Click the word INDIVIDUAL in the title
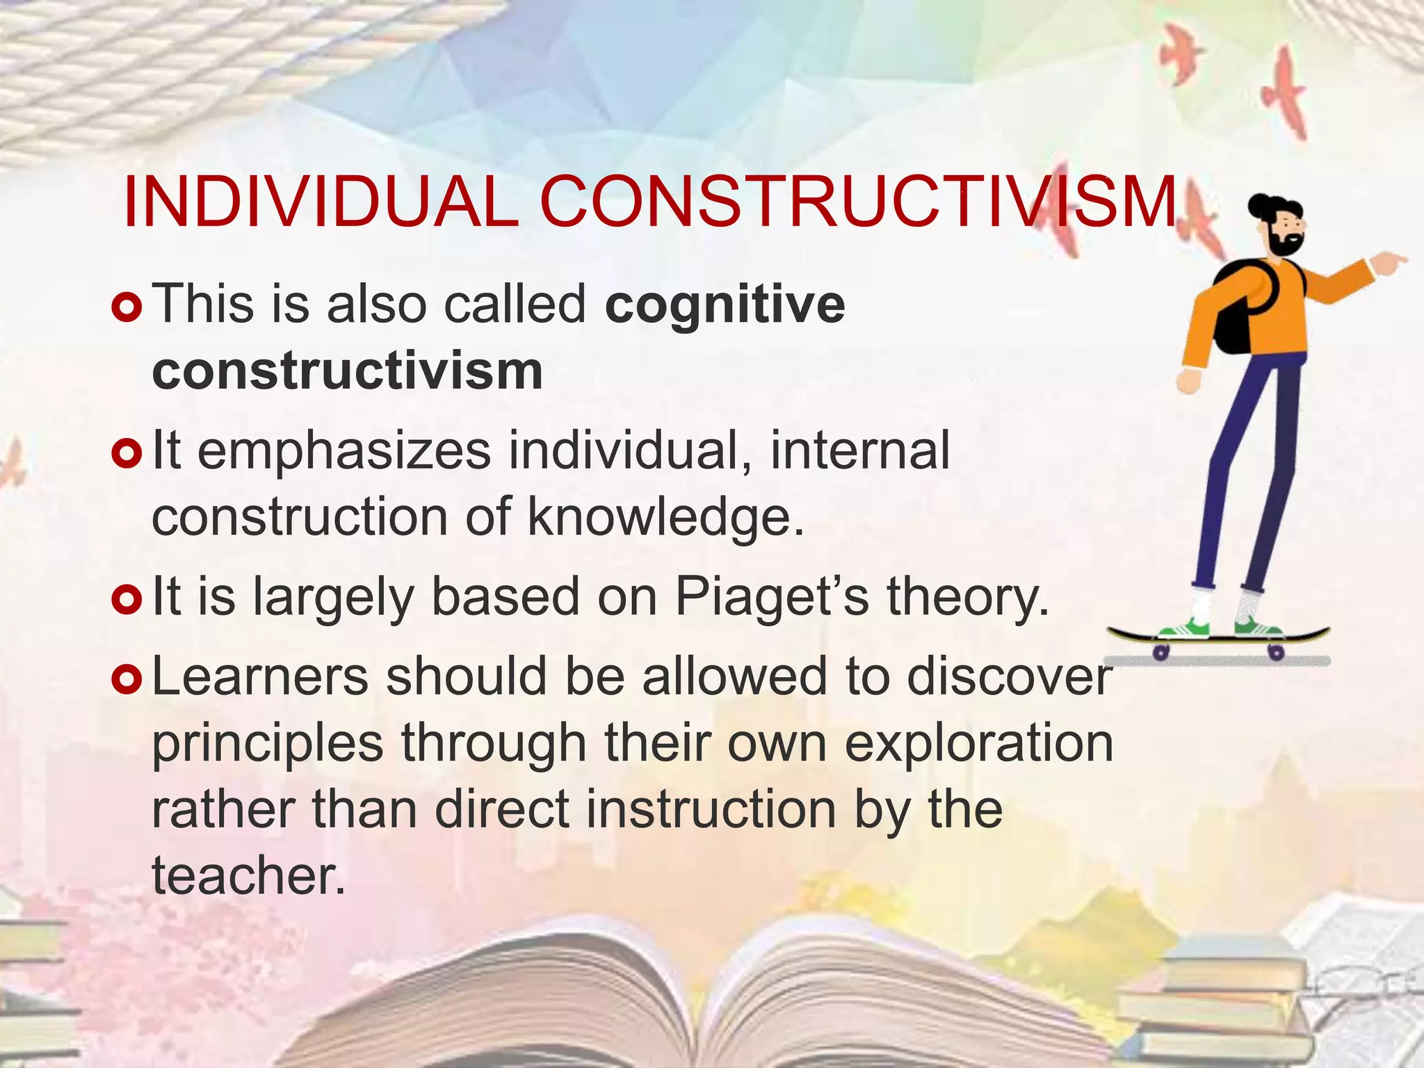coord(320,203)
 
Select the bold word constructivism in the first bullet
coord(347,371)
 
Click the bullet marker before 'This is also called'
coord(127,307)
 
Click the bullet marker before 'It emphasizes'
coord(127,453)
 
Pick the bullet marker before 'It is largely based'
coord(127,599)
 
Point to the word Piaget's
coord(772,597)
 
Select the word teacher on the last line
coord(248,875)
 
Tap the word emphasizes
coord(344,451)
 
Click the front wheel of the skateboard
coord(1276,652)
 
